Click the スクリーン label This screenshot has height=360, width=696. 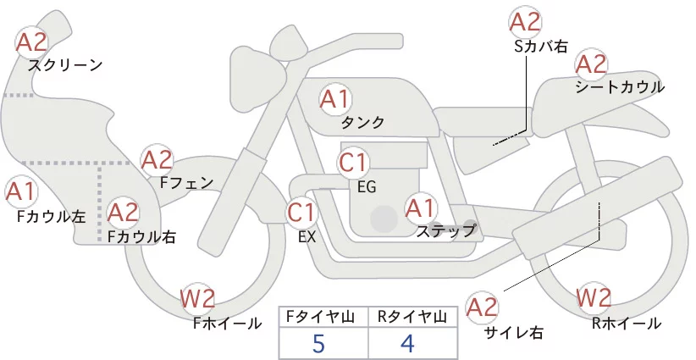click(65, 66)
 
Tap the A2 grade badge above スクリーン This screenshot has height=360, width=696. click(31, 42)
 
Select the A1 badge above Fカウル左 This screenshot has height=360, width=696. click(20, 192)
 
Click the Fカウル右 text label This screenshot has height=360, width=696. click(141, 236)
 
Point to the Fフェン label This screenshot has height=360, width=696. click(186, 182)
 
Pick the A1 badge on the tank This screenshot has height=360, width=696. click(334, 99)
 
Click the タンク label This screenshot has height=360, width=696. click(362, 122)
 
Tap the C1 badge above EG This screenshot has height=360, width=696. click(353, 163)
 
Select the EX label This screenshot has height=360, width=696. click(307, 237)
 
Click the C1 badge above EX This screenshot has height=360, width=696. click(301, 212)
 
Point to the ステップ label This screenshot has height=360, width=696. click(445, 231)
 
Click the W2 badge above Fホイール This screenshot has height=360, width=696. click(197, 298)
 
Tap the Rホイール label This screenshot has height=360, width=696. click(627, 324)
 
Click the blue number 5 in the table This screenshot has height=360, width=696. click(318, 343)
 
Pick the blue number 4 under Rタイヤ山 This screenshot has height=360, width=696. click(407, 343)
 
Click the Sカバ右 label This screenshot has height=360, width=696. click(541, 47)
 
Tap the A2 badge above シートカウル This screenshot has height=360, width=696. click(591, 64)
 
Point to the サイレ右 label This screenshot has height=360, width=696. click(514, 333)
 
